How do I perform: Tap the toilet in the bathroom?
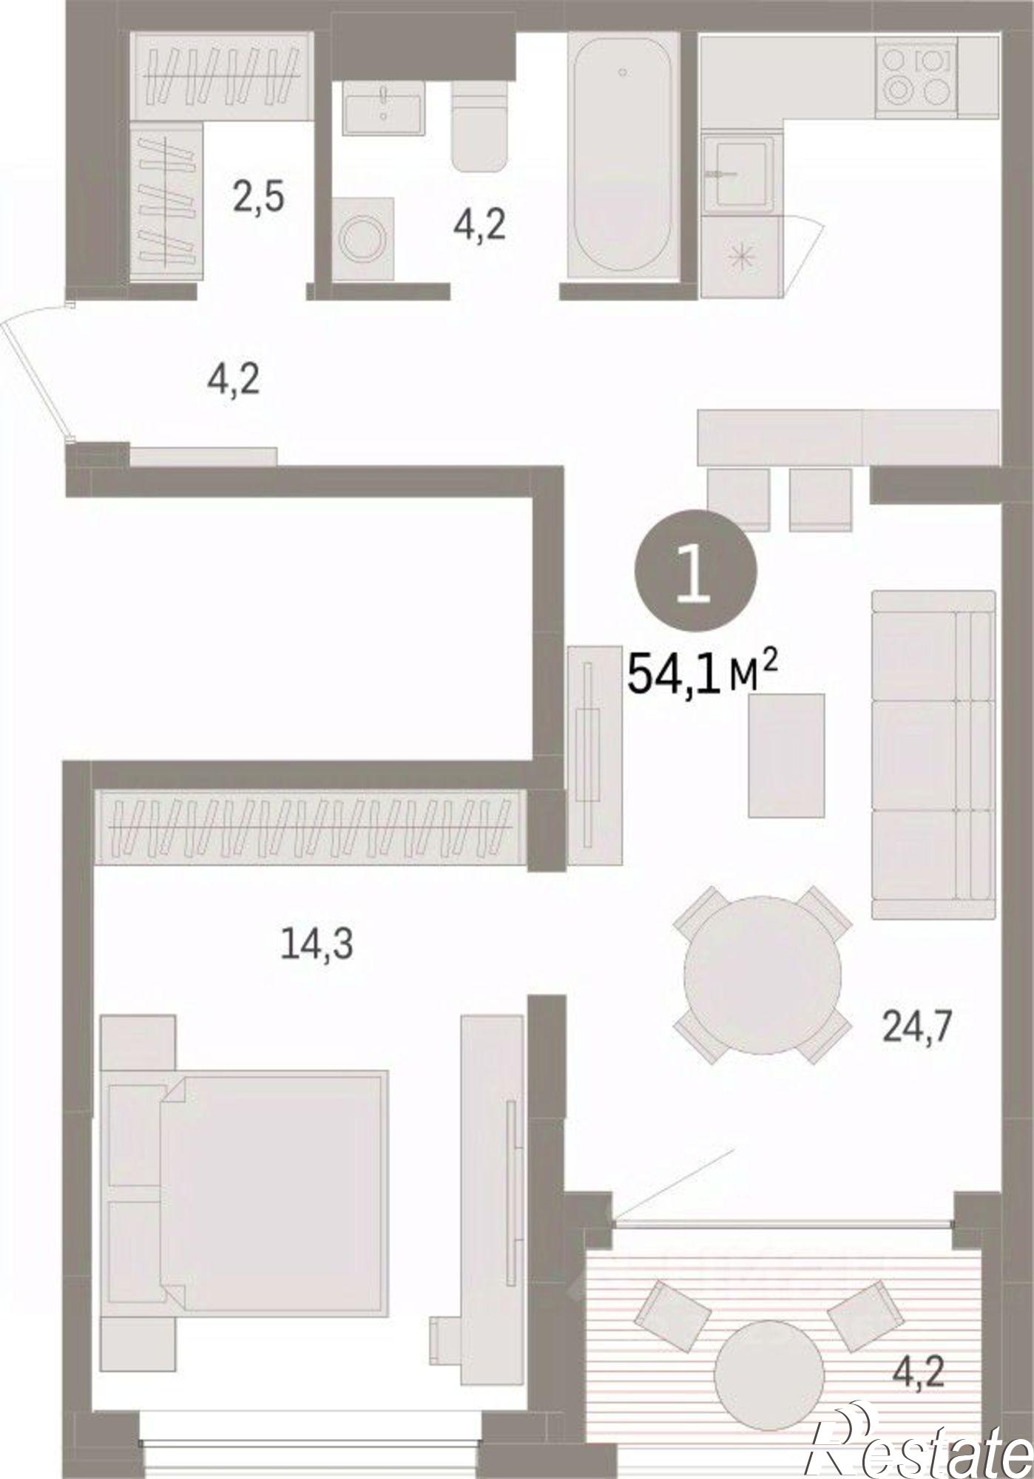[480, 126]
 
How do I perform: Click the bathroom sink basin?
[383, 109]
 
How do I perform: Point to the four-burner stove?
[916, 78]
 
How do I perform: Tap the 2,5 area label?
[257, 199]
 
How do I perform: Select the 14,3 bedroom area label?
[317, 944]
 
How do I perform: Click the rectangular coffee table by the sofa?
[786, 755]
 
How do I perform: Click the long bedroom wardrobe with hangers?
[311, 827]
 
